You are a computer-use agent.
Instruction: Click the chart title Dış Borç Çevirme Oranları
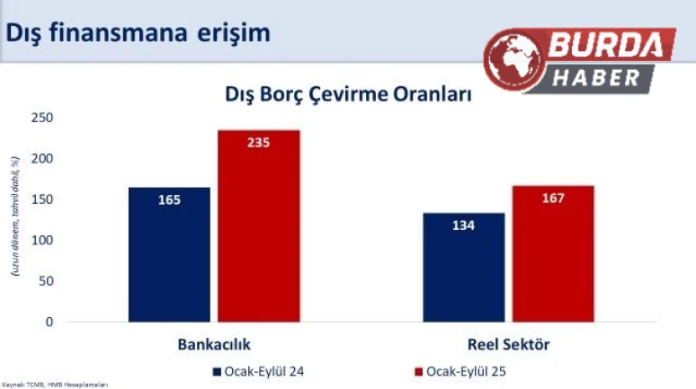coord(347,94)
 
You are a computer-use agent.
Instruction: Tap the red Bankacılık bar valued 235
coord(258,225)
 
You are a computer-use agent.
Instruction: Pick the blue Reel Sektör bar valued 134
coord(463,267)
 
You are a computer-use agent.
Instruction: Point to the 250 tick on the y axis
coord(41,118)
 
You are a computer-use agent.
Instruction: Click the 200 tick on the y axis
coord(41,159)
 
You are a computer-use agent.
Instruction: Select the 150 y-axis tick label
coord(41,199)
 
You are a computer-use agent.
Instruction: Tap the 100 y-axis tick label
coord(41,240)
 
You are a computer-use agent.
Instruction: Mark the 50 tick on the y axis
coord(45,281)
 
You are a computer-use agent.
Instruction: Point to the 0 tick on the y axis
coord(49,322)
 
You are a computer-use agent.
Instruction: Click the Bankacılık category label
coord(214,345)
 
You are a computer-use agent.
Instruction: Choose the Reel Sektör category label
coord(508,345)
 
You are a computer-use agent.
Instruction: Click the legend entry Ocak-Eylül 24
coord(258,369)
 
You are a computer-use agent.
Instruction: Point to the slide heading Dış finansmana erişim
coord(138,32)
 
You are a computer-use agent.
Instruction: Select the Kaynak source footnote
coord(55,384)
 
